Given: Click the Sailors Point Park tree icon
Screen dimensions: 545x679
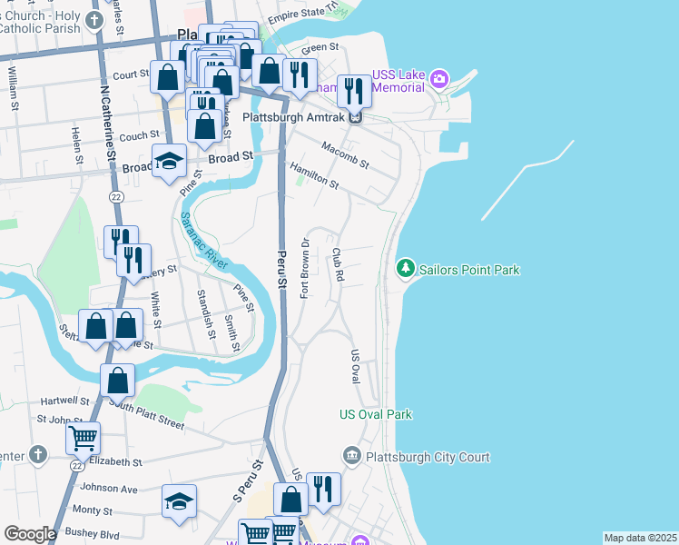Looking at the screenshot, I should tap(406, 269).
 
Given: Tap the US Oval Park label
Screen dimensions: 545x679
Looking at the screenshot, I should tap(376, 415).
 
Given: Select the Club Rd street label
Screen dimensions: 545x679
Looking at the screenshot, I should tap(338, 263).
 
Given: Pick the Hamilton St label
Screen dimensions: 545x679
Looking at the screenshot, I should tap(314, 177).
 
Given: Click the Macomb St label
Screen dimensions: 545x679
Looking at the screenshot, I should tap(345, 154).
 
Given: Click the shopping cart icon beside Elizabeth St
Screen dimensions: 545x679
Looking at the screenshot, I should tap(83, 439).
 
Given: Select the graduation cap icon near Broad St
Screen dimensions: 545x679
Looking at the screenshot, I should tap(169, 161).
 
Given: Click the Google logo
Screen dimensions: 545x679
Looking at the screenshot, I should tap(30, 534).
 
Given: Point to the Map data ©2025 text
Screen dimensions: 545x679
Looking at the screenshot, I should tap(640, 538).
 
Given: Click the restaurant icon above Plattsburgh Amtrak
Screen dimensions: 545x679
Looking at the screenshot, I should tap(354, 90).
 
